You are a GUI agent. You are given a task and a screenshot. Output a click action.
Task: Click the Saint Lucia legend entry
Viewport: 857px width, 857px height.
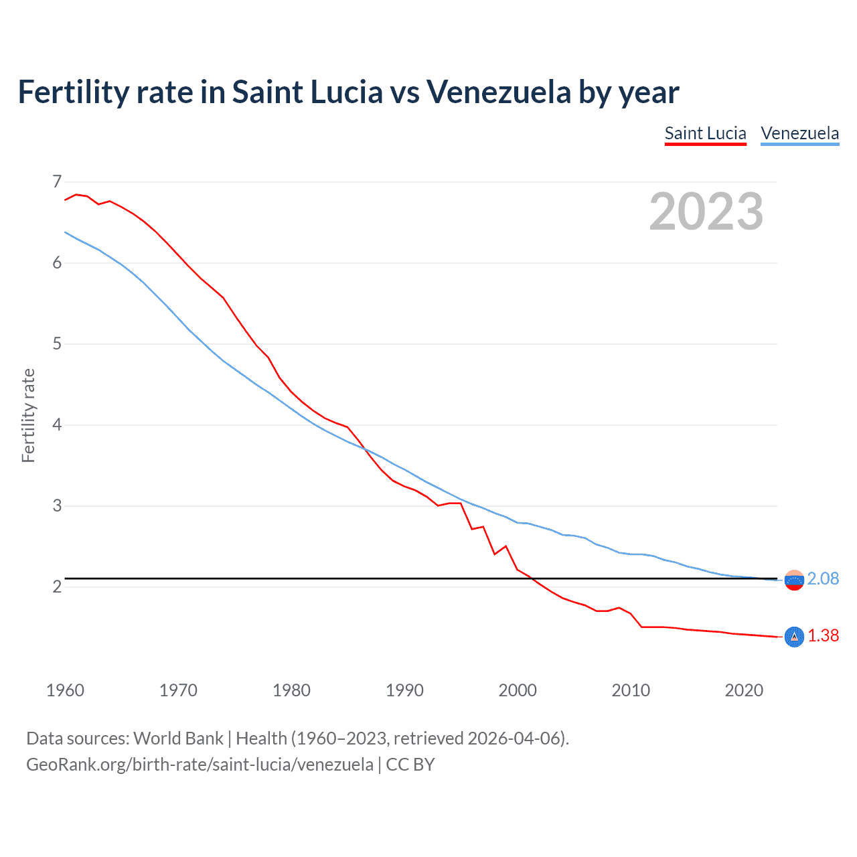click(705, 133)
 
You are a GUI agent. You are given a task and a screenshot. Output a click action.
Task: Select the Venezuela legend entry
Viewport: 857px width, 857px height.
click(799, 133)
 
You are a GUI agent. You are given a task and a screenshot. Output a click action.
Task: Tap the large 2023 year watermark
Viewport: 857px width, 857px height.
click(706, 212)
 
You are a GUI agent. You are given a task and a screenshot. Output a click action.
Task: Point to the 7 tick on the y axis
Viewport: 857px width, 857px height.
click(57, 181)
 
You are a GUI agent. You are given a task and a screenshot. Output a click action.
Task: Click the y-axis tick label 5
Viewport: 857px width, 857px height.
click(57, 344)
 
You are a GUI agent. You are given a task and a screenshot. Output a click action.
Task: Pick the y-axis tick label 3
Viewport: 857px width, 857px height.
click(57, 506)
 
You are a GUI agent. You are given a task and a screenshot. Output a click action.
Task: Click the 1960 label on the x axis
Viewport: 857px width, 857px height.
click(65, 690)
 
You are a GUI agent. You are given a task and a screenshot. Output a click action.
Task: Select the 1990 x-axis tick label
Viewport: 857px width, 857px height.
click(404, 690)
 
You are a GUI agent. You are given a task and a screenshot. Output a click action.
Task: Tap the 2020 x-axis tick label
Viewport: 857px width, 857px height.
click(744, 690)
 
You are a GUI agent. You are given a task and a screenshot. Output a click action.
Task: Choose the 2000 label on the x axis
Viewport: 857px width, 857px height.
click(518, 690)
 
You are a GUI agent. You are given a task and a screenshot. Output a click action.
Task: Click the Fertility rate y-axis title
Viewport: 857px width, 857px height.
click(28, 415)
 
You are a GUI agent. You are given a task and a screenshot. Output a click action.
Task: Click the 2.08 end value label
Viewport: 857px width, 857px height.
click(823, 578)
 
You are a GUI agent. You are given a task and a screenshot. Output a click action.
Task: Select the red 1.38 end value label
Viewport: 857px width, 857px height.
click(823, 635)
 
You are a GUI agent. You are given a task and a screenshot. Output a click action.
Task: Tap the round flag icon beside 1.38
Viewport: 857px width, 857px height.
click(794, 636)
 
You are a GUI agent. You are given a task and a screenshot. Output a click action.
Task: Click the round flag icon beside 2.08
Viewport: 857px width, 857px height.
click(794, 580)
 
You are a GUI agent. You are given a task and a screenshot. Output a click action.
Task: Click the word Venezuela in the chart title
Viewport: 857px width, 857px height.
click(499, 92)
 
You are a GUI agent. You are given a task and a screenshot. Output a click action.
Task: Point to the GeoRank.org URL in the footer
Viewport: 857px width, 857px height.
click(200, 765)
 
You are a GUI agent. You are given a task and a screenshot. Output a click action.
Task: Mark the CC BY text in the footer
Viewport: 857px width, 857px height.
click(410, 765)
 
